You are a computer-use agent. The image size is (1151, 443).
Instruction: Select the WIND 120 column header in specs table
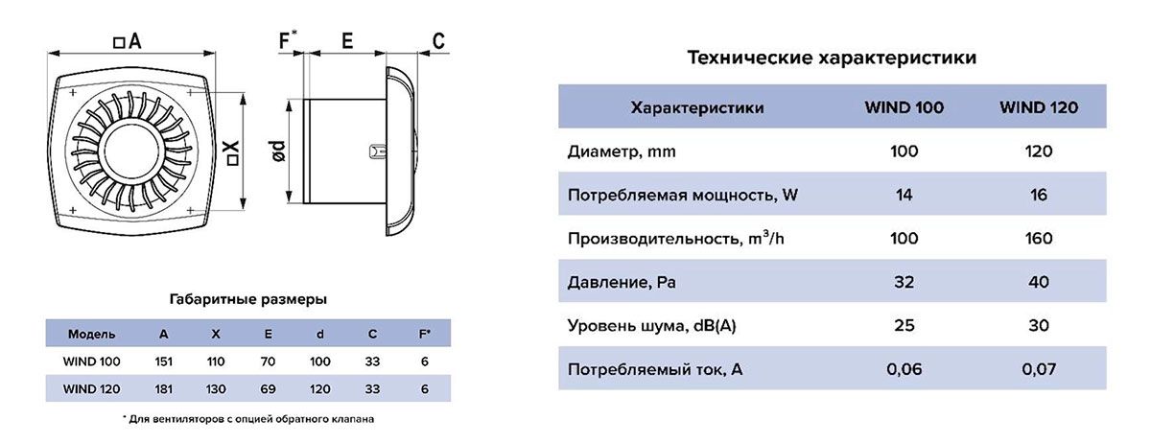(x=1038, y=108)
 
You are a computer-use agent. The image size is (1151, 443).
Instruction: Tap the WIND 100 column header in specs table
(x=904, y=108)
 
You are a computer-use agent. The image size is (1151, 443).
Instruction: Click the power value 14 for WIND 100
(x=904, y=195)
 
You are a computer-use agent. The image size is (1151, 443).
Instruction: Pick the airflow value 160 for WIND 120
(x=1038, y=238)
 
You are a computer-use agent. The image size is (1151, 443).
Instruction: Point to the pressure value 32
(x=904, y=282)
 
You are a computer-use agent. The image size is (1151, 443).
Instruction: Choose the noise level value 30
(x=1038, y=325)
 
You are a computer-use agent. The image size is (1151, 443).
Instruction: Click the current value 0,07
(x=1038, y=369)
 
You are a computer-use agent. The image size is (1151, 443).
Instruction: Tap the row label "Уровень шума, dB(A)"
(x=651, y=325)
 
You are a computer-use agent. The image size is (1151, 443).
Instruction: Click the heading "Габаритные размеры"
(x=247, y=299)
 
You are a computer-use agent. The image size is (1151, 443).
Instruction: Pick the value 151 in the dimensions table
(x=163, y=361)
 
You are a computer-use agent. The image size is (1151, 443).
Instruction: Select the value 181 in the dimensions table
(x=163, y=389)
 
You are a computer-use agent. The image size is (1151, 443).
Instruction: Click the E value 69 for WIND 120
(x=268, y=389)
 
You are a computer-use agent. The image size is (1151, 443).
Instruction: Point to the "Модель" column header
(x=92, y=335)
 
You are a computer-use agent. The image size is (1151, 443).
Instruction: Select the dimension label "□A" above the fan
(x=127, y=41)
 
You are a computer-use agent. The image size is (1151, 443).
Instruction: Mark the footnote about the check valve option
(x=247, y=419)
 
